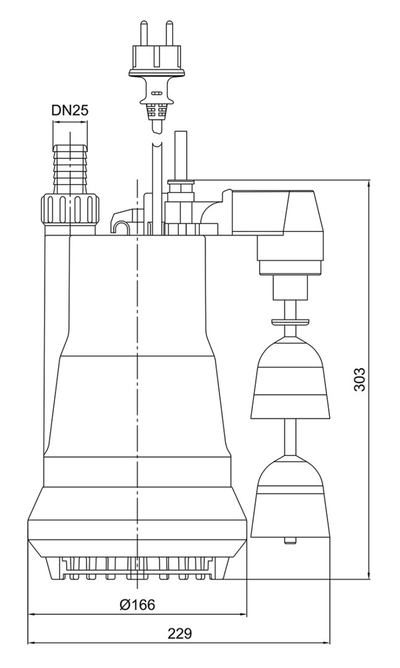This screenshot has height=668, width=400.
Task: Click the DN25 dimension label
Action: click(70, 111)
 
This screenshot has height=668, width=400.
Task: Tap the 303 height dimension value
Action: click(360, 379)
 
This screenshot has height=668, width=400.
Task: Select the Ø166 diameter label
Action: click(138, 604)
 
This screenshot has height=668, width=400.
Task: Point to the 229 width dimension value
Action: click(180, 633)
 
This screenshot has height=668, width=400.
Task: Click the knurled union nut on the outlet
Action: click(70, 211)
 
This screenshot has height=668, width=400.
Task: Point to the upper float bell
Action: click(289, 378)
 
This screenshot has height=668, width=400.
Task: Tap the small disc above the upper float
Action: click(289, 321)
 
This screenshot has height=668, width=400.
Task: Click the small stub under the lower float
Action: click(289, 542)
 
